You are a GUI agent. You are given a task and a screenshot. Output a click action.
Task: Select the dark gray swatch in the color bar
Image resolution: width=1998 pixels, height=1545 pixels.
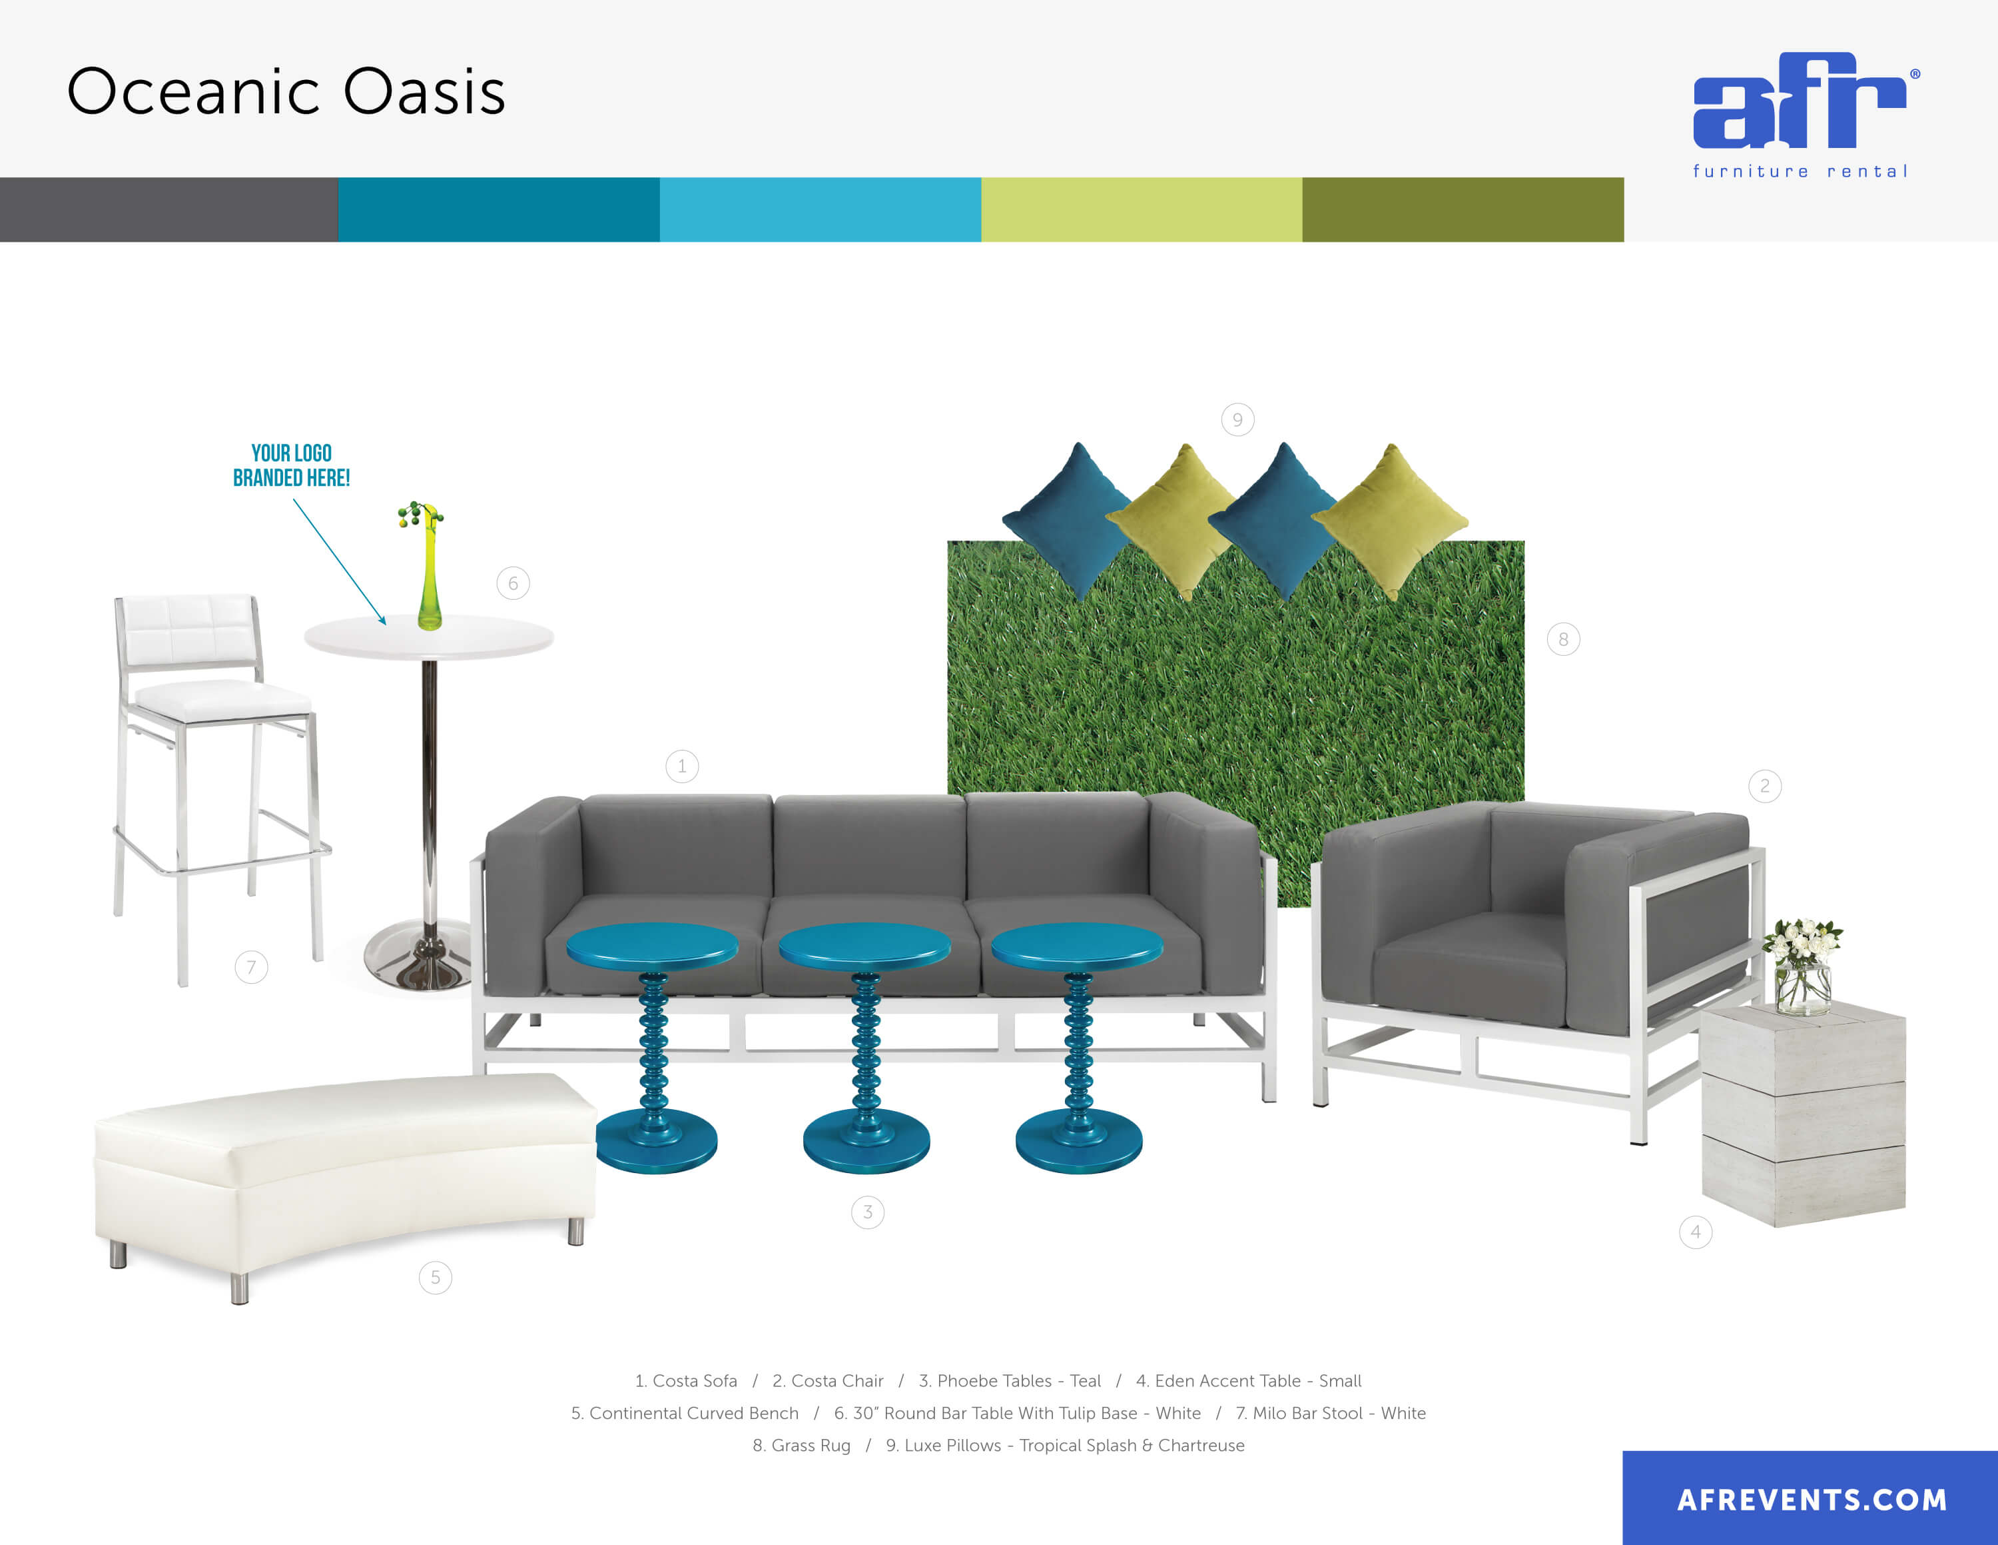point(168,209)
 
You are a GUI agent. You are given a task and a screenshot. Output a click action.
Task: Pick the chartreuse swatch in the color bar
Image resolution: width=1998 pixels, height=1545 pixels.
point(1141,209)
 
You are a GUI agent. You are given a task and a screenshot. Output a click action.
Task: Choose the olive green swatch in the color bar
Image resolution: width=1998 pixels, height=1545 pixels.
point(1463,209)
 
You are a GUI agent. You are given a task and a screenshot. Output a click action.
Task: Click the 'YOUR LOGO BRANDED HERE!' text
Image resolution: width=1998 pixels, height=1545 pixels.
point(292,465)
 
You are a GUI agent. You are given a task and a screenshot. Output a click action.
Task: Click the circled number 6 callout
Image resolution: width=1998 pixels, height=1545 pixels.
point(513,583)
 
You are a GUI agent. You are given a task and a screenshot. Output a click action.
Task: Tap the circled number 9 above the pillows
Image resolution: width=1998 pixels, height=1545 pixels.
point(1238,419)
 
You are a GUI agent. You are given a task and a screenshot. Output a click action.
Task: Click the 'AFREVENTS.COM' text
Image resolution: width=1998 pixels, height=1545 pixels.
point(1812,1500)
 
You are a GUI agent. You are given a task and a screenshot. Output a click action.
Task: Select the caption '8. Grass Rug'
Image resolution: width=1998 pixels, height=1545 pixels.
point(801,1445)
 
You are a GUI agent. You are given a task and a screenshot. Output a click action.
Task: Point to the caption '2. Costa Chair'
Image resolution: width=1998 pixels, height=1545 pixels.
point(828,1380)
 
